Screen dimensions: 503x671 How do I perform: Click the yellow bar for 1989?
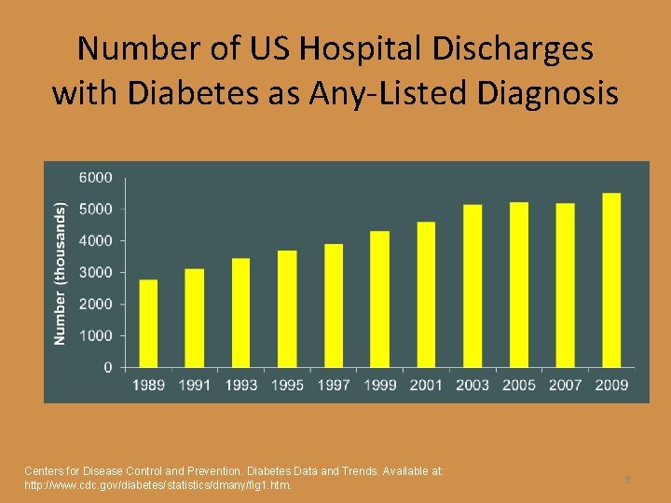click(148, 323)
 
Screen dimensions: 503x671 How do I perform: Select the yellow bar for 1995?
click(287, 308)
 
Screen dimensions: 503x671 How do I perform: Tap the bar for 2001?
click(426, 294)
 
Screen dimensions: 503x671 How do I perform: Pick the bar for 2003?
click(472, 286)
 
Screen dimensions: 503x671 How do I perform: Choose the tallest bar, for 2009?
click(611, 279)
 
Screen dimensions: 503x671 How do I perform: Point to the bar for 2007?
click(565, 285)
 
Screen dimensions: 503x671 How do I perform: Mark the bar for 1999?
click(379, 299)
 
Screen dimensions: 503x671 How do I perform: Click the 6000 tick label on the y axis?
click(95, 177)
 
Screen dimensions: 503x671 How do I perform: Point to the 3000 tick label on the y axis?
click(95, 272)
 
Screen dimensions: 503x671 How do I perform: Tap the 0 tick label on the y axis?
click(107, 367)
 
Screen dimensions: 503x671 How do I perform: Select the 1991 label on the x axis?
click(195, 385)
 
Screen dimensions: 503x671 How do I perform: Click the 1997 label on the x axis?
click(333, 385)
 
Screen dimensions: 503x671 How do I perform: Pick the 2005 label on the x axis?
click(518, 385)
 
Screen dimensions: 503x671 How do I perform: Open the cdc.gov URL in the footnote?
click(157, 485)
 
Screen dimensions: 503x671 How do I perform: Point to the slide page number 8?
click(627, 480)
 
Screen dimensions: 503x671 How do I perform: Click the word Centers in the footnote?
click(45, 471)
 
